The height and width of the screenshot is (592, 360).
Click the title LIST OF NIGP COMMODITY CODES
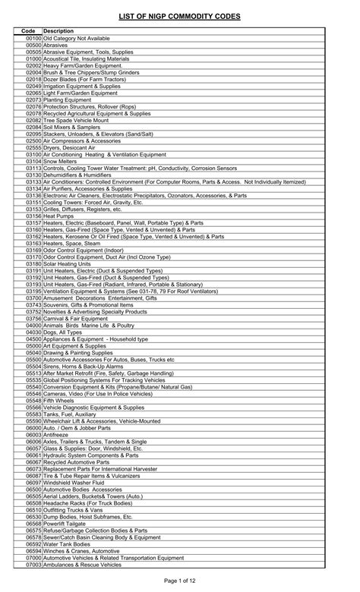[x=180, y=16]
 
